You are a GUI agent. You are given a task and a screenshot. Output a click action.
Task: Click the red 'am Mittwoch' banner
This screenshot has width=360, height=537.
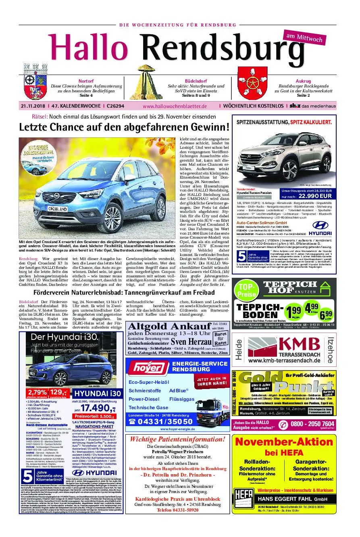tap(304, 38)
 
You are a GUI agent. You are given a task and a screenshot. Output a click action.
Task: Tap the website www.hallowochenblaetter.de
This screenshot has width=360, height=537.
tap(175, 106)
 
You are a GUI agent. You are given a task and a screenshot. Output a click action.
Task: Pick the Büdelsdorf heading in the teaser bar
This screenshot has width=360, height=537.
tap(196, 81)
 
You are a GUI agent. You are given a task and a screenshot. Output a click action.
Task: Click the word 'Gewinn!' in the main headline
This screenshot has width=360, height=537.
tap(209, 127)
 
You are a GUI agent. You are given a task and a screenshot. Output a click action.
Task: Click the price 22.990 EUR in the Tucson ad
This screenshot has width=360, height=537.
tap(315, 196)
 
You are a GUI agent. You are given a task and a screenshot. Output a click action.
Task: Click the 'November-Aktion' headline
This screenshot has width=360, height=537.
tap(284, 441)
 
